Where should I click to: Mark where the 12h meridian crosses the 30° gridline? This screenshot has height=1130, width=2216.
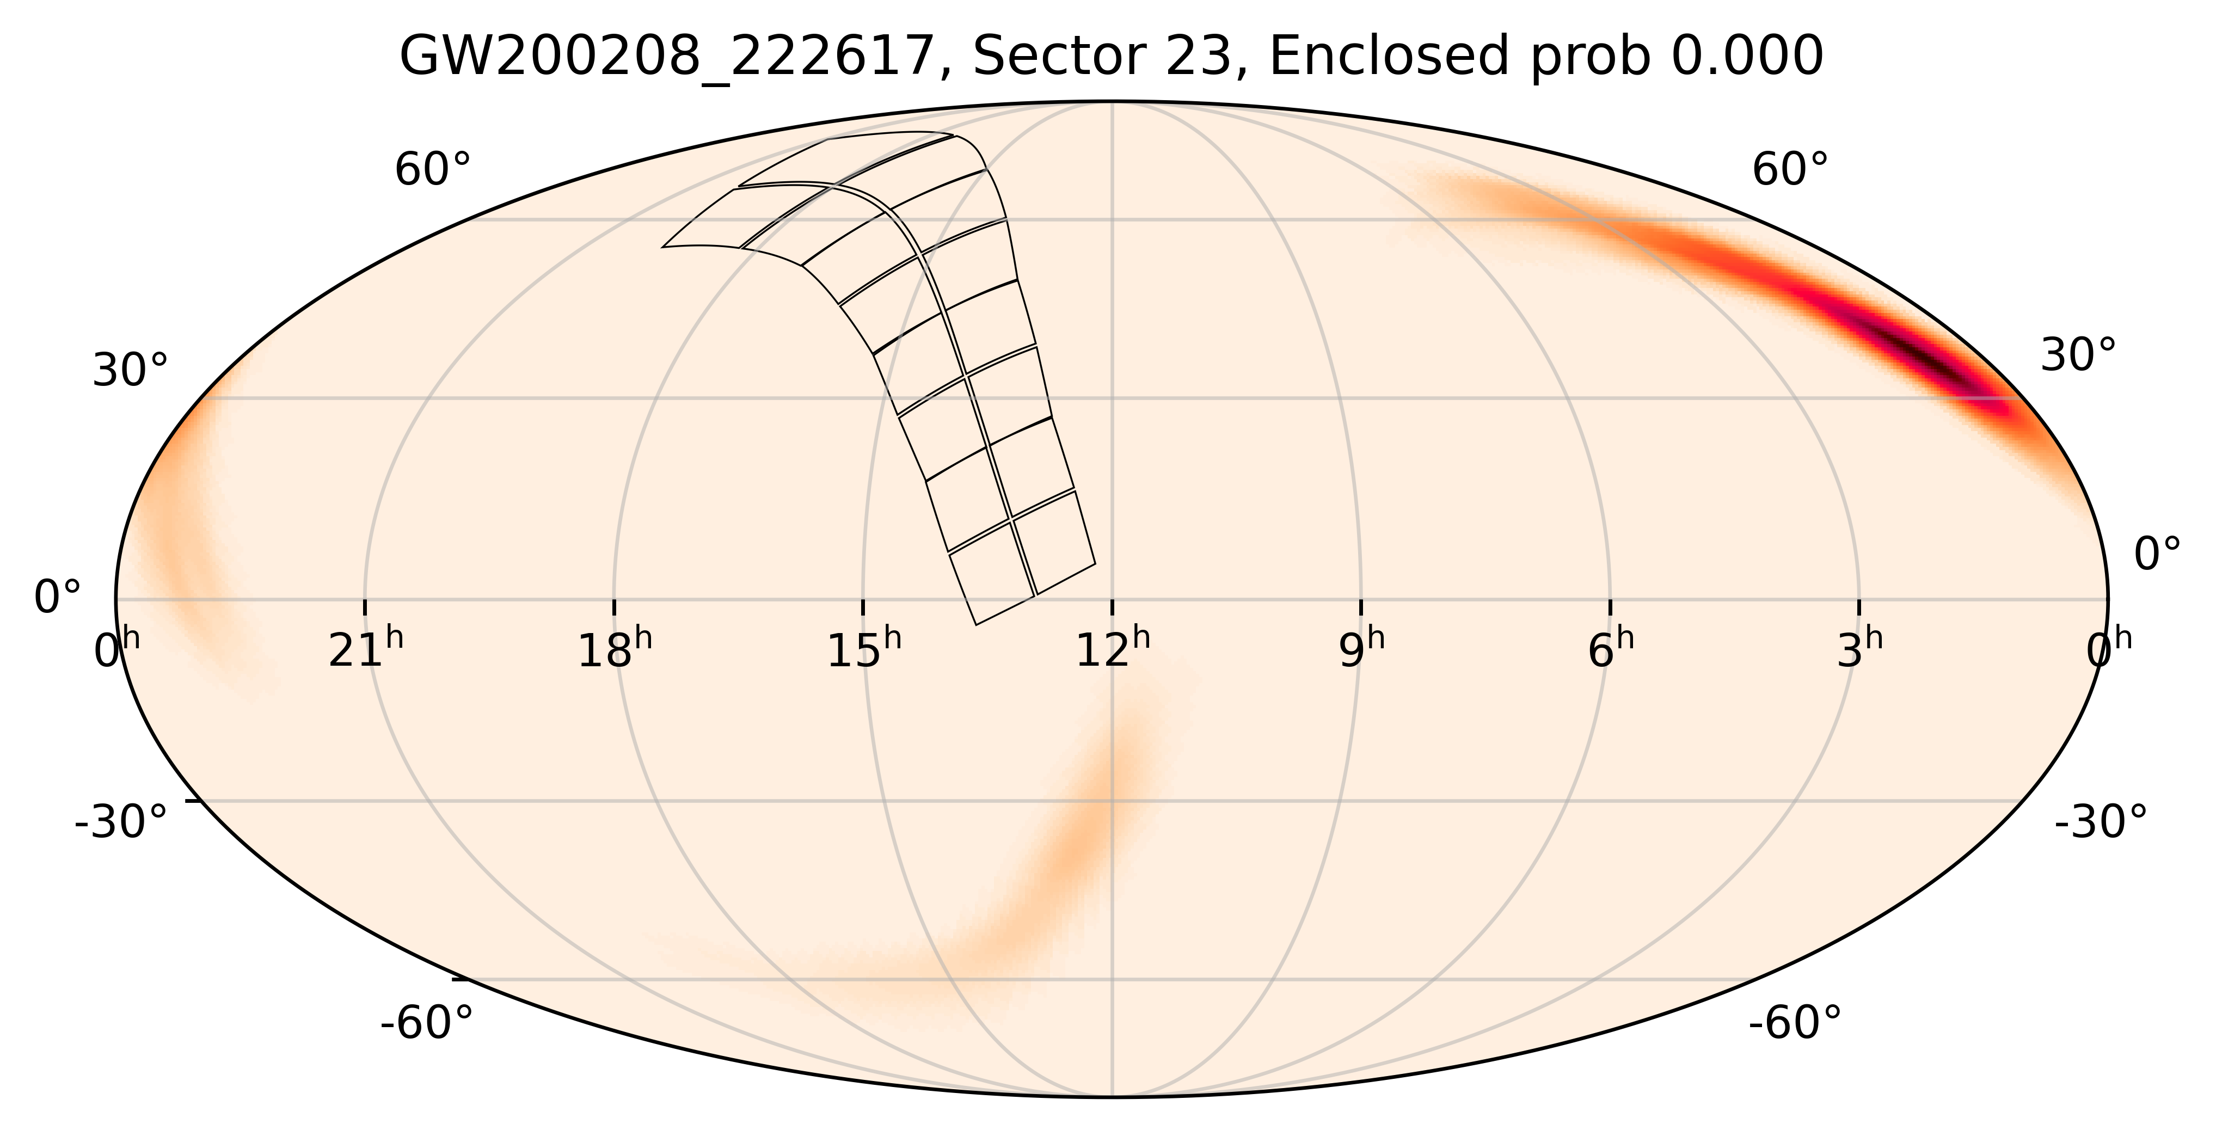click(x=1112, y=398)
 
